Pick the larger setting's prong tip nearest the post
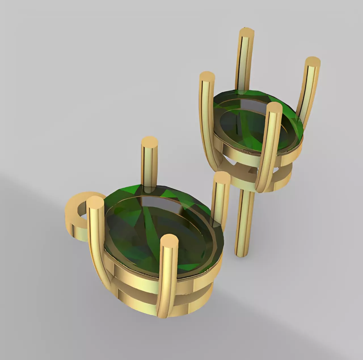tap(221, 178)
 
